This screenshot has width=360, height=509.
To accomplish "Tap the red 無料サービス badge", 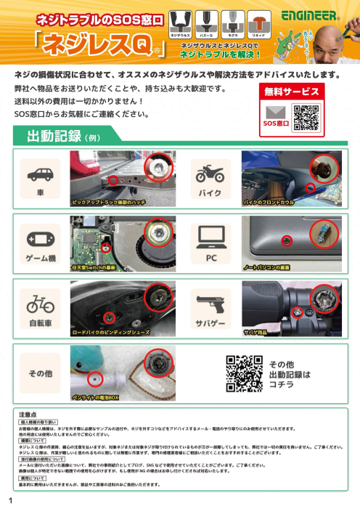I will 291,92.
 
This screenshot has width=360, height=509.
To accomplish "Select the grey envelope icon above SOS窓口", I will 276,113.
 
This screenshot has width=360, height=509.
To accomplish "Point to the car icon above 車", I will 40,174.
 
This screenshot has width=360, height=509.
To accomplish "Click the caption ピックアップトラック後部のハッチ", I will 109,203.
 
